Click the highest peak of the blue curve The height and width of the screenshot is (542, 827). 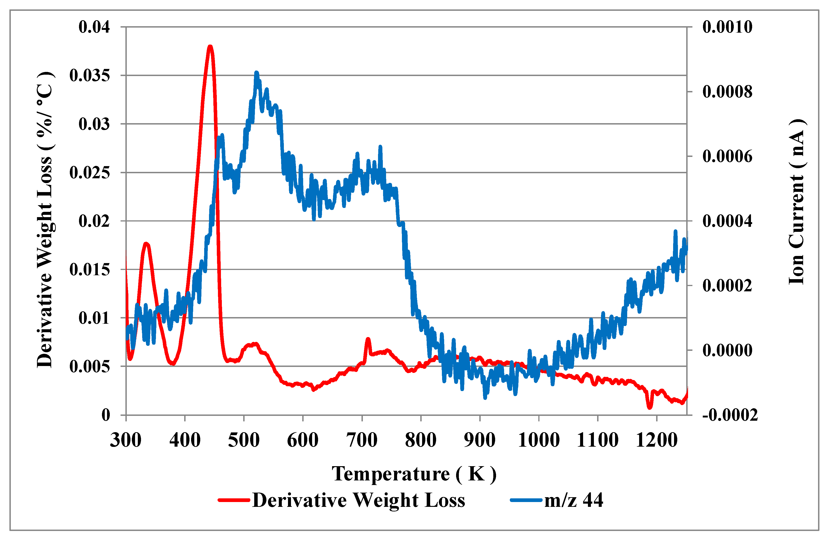pos(257,73)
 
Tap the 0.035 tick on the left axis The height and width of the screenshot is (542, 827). pos(89,75)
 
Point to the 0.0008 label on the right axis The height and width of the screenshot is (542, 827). pos(727,92)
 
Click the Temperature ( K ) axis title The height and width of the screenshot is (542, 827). pos(413,474)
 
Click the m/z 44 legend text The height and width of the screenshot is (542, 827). pos(573,500)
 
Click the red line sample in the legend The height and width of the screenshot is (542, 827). pos(234,500)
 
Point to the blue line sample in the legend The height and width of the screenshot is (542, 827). pos(526,500)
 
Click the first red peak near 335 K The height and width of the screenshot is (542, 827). pos(146,244)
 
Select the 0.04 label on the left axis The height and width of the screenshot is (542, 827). pos(94,27)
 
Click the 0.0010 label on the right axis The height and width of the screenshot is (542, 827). pos(727,27)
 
